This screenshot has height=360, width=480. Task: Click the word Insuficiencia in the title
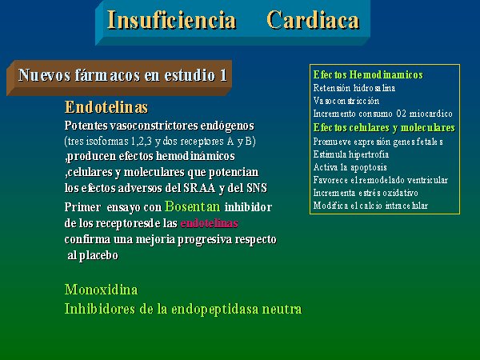172,20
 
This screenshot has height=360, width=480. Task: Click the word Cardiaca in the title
313,20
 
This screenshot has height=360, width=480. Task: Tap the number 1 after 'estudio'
223,75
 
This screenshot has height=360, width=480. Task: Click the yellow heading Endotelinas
106,107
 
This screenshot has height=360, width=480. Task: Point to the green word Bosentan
192,206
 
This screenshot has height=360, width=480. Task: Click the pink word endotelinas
210,223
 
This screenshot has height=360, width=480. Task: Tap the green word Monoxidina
101,290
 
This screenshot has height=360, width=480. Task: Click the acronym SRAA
199,188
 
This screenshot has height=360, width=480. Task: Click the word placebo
98,255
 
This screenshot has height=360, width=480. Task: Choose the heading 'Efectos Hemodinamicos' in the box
368,74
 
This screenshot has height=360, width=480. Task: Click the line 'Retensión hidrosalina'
354,88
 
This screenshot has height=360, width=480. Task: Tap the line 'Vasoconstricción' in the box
346,101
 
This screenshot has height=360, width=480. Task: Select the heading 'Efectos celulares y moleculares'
384,128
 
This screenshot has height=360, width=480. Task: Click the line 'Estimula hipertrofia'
351,154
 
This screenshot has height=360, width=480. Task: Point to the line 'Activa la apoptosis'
350,167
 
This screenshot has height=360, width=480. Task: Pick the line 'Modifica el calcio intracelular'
370,206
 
